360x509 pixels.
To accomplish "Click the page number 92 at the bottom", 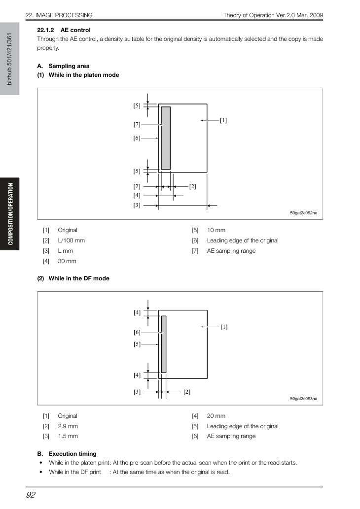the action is [31, 495].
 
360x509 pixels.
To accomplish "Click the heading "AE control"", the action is [75, 30].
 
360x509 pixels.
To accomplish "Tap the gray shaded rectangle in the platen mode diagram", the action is [166, 138].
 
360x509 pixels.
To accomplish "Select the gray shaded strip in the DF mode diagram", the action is [164, 344].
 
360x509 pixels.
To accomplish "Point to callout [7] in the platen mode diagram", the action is [137, 124].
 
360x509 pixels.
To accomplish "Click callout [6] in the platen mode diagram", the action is [137, 138].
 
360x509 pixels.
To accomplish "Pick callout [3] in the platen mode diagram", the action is [137, 205].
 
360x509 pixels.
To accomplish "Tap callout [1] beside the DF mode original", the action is [224, 327].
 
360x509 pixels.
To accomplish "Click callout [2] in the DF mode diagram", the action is [187, 392].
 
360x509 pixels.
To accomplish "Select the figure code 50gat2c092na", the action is [304, 213].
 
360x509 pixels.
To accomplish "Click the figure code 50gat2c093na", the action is [304, 399].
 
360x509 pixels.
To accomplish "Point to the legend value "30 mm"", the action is [67, 261].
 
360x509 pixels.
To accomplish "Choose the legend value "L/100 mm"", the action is [71, 240].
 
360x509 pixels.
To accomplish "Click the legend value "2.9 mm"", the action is [68, 426].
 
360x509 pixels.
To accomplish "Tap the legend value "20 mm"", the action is [216, 416].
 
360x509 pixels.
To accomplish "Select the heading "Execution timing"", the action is [72, 454].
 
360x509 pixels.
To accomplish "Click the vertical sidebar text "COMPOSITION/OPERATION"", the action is [11, 214].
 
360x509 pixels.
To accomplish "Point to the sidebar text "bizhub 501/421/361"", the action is [9, 59].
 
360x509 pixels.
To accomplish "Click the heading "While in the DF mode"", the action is [79, 278].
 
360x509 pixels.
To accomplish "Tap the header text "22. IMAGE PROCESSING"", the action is [59, 15].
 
